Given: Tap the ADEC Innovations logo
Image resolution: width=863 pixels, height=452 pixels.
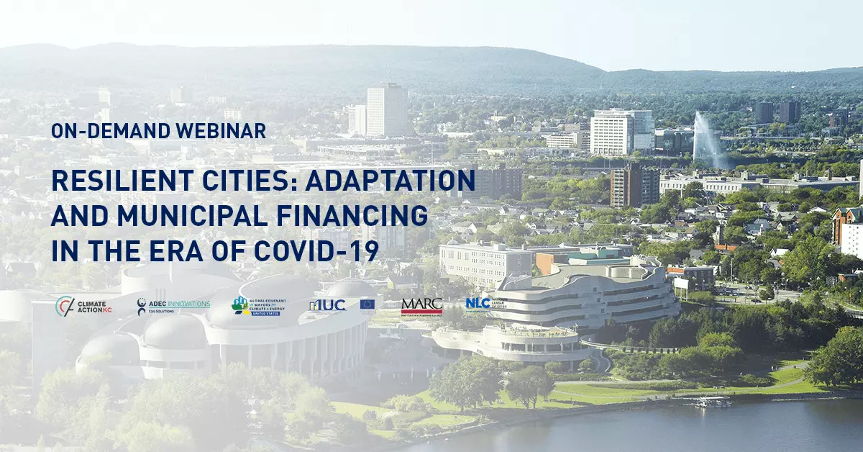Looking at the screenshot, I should pos(173,307).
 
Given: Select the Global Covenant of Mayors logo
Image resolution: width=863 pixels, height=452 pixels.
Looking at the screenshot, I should pos(260,306).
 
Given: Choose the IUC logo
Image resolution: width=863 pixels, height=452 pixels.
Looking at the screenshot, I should pos(328,306).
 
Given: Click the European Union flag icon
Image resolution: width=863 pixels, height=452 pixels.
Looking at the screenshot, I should pos(367,305).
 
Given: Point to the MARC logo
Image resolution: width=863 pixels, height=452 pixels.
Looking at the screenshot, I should pos(422,307).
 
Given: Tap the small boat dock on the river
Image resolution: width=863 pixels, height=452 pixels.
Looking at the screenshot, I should pos(712,402).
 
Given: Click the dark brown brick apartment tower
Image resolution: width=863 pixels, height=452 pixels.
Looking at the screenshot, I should pos(634,186).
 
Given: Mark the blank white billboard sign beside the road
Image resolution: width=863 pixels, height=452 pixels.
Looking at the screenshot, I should pos(680,284).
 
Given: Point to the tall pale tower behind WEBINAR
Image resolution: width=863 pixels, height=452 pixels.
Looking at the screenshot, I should pos(387,109).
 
